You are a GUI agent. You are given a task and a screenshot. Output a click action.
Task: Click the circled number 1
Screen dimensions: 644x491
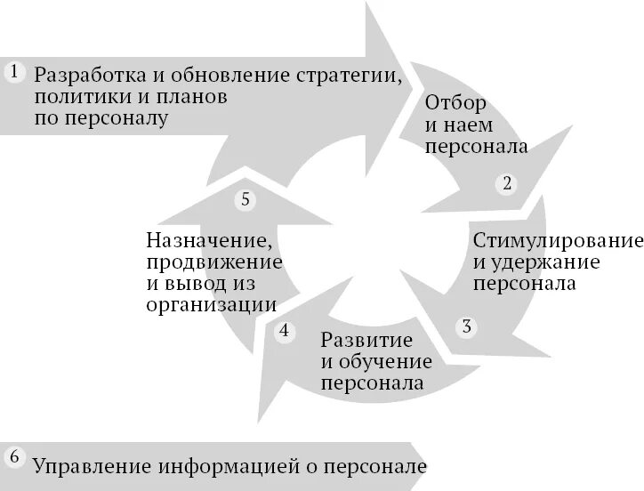[14, 72]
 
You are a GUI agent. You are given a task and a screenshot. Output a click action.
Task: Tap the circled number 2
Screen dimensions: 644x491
[507, 184]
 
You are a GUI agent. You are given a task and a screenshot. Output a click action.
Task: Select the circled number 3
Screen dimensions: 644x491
[467, 326]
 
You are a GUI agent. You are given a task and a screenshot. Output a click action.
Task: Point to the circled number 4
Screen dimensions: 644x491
[284, 332]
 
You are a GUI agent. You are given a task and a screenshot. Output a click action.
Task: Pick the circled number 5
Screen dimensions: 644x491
[246, 199]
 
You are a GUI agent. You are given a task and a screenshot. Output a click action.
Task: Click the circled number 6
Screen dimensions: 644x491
[14, 457]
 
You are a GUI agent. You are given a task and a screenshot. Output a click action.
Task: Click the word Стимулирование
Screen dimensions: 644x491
[558, 241]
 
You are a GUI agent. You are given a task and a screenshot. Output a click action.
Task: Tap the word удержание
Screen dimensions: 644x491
[543, 263]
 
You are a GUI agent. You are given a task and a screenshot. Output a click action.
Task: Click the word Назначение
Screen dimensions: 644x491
[207, 240]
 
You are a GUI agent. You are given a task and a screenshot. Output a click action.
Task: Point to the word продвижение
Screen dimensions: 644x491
[213, 262]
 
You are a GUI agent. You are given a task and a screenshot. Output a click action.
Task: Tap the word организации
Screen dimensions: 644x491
[210, 306]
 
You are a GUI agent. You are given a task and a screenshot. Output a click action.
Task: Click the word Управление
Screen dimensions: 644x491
[93, 466]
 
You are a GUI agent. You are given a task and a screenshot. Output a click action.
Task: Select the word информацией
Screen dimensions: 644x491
[234, 466]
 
